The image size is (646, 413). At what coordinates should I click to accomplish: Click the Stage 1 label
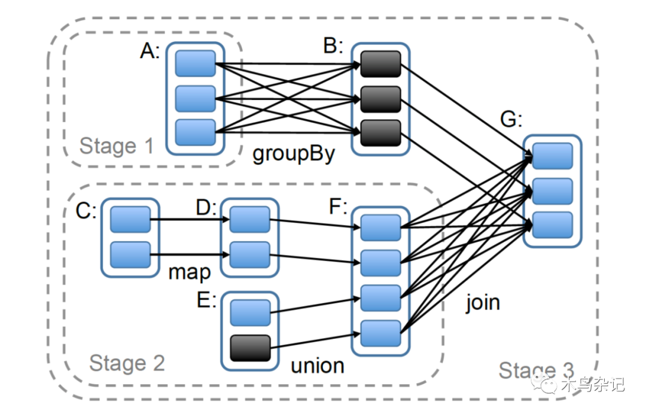pyautogui.click(x=117, y=145)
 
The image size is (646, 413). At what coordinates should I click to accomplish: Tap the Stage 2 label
pyautogui.click(x=127, y=363)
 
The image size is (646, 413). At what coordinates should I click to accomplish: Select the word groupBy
pyautogui.click(x=293, y=153)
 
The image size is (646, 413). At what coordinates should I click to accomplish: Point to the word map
pyautogui.click(x=189, y=272)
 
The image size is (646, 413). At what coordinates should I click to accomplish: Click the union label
pyautogui.click(x=317, y=365)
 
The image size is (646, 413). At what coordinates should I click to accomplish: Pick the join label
pyautogui.click(x=483, y=302)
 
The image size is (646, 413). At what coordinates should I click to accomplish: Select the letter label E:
pyautogui.click(x=206, y=300)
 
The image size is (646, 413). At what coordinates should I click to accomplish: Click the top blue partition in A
pyautogui.click(x=195, y=63)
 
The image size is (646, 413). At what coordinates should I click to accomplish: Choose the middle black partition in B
pyautogui.click(x=380, y=99)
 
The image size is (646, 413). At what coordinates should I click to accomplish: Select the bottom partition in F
pyautogui.click(x=380, y=333)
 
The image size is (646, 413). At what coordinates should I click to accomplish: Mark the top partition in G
pyautogui.click(x=552, y=156)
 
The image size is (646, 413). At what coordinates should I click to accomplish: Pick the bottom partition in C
pyautogui.click(x=130, y=254)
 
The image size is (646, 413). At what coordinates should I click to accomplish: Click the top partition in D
pyautogui.click(x=249, y=220)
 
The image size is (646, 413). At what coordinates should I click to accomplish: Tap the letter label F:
pyautogui.click(x=339, y=206)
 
